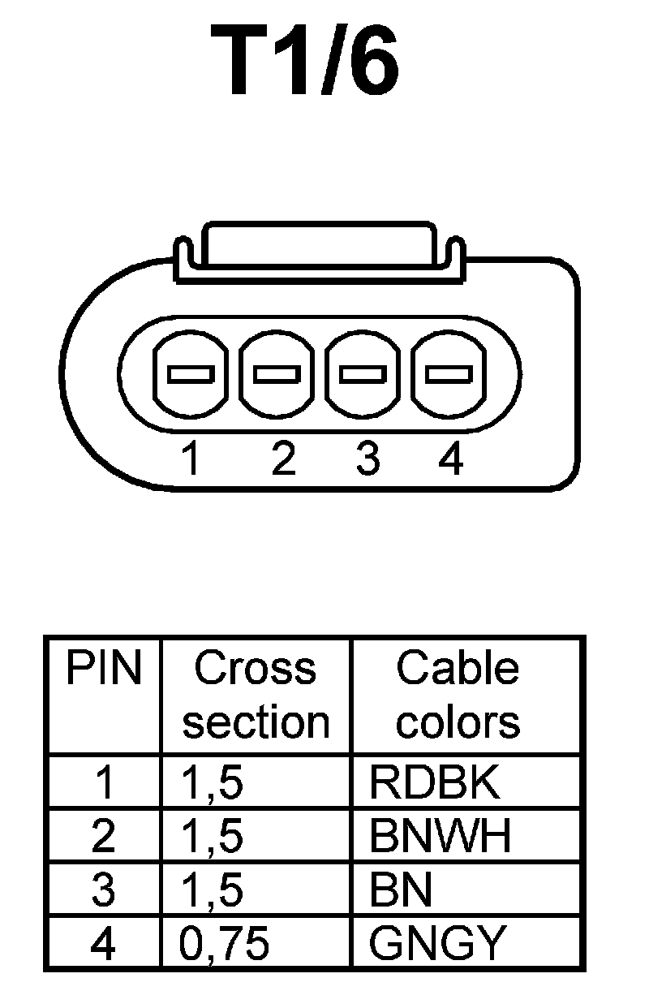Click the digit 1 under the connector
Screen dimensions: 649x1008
[191, 459]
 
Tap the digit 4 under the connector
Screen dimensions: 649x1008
[450, 459]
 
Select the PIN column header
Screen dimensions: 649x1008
[104, 669]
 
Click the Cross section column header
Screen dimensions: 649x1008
[256, 695]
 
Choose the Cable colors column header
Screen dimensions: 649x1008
[458, 695]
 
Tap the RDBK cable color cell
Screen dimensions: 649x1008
[434, 782]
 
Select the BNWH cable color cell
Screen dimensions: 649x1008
[441, 835]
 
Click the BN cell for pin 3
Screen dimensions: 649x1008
[401, 890]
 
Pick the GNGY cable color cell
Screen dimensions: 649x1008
[437, 943]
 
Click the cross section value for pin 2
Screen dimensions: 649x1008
[213, 835]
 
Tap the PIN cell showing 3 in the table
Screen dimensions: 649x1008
[104, 890]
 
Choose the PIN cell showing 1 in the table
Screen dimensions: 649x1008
[104, 782]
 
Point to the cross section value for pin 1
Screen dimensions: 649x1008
[213, 782]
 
